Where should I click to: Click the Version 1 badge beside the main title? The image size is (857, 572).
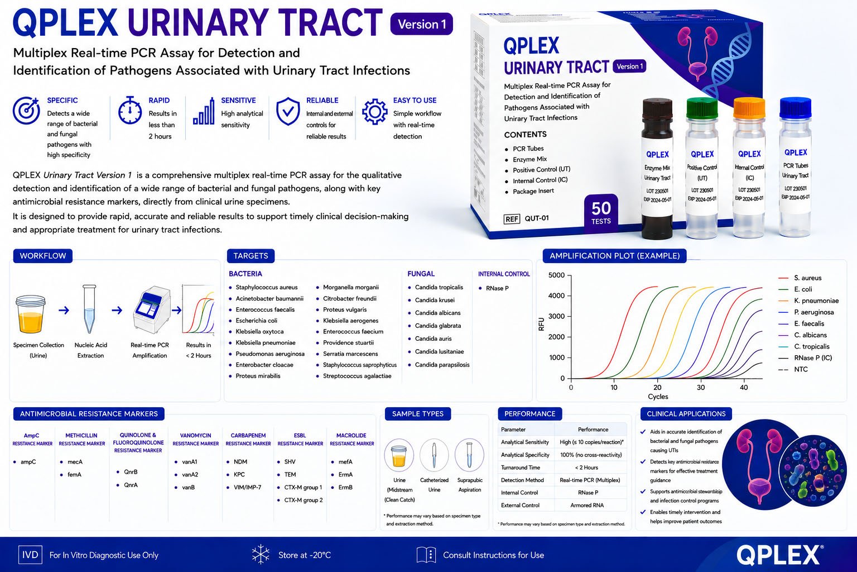click(422, 24)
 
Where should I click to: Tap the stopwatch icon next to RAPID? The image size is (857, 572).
click(129, 111)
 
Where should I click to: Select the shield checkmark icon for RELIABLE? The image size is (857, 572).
click(288, 111)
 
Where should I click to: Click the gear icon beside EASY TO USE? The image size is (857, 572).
click(374, 112)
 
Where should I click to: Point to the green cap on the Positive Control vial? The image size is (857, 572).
click(702, 108)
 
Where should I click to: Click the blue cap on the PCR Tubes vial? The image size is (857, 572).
click(796, 107)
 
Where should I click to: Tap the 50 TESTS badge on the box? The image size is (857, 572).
click(601, 213)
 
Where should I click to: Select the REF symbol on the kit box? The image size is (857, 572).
click(512, 219)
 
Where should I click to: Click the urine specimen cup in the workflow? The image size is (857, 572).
click(31, 314)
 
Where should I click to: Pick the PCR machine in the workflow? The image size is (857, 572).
click(152, 309)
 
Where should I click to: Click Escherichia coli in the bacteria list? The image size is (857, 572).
click(256, 320)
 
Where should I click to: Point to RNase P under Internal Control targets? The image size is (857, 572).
click(497, 288)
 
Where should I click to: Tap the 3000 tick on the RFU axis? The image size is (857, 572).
click(556, 317)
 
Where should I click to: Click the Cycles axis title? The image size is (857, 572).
click(658, 397)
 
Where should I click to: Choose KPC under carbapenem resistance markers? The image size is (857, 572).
click(239, 474)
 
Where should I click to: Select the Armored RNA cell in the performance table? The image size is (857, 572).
click(587, 506)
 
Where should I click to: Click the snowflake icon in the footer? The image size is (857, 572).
click(261, 554)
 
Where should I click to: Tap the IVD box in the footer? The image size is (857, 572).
click(30, 555)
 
